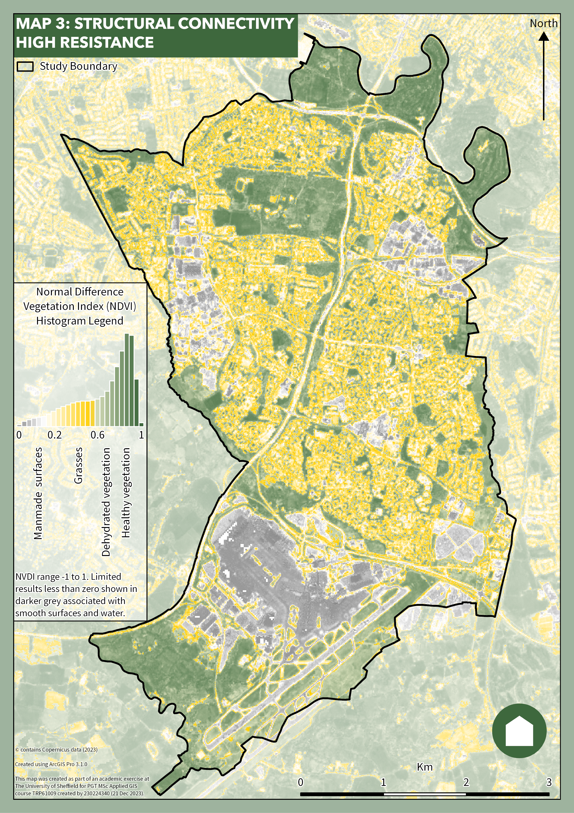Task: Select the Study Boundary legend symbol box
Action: coord(25,67)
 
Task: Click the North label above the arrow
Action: coord(543,24)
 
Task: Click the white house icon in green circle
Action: coord(519,731)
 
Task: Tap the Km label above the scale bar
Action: coord(424,767)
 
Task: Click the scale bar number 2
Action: coord(466,782)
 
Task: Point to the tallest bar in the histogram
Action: coord(127,380)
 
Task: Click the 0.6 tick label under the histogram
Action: coord(97,435)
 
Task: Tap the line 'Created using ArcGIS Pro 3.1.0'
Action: coord(51,764)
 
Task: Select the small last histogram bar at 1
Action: coord(141,424)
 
